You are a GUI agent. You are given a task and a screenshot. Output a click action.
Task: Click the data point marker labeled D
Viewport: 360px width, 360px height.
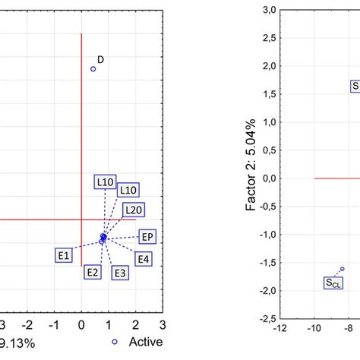[93, 69]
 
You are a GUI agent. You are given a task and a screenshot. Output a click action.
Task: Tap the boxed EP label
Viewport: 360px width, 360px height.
[147, 237]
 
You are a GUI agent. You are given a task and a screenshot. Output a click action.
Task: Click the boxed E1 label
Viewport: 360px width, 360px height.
[64, 256]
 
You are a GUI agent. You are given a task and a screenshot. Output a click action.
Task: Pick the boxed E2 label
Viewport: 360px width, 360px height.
[93, 272]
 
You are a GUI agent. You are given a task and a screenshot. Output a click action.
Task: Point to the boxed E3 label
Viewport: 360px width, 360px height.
[119, 273]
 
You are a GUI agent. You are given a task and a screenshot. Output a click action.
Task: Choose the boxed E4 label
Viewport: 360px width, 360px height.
[143, 260]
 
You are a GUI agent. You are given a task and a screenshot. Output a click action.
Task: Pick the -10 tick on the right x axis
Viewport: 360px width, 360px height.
[313, 328]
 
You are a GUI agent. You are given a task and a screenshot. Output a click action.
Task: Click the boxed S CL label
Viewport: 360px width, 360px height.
[333, 283]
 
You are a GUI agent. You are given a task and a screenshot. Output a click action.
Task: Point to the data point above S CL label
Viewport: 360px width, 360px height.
[343, 269]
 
